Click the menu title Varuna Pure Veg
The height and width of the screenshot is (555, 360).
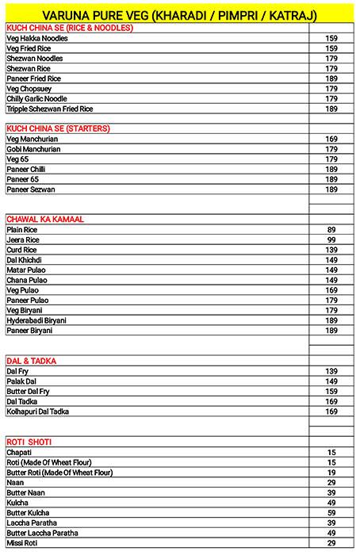pyautogui.click(x=179, y=13)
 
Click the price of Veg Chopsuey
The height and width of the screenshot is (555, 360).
pyautogui.click(x=331, y=89)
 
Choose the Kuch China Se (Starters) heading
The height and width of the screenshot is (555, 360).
pyautogui.click(x=58, y=128)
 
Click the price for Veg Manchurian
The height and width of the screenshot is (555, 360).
pyautogui.click(x=331, y=139)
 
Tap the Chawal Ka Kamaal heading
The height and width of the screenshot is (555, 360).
pyautogui.click(x=45, y=218)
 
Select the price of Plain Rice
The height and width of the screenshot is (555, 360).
pyautogui.click(x=331, y=229)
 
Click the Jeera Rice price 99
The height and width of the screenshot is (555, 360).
pyautogui.click(x=331, y=239)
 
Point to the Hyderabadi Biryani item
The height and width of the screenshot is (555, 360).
pyautogui.click(x=47, y=320)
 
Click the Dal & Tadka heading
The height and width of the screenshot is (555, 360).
pyautogui.click(x=31, y=361)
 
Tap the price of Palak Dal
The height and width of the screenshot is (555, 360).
pyautogui.click(x=331, y=381)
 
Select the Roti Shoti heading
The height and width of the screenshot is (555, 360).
pyautogui.click(x=29, y=442)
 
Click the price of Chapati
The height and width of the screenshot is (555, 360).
pyautogui.click(x=331, y=452)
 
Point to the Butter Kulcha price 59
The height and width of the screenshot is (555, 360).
pyautogui.click(x=331, y=512)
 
